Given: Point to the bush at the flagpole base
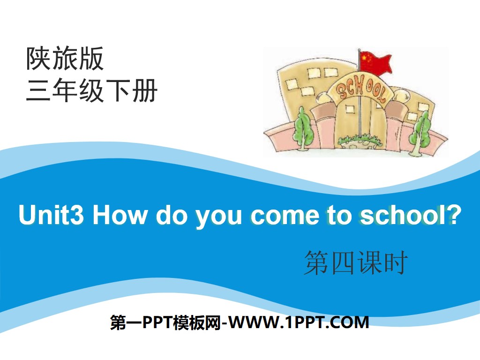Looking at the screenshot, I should tap(359, 139).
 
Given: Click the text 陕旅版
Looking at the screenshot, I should tap(65, 60).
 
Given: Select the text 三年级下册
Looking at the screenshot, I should tap(91, 90).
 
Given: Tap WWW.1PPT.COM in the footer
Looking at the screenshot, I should tap(300, 323).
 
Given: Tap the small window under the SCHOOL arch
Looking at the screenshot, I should tap(349, 109).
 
